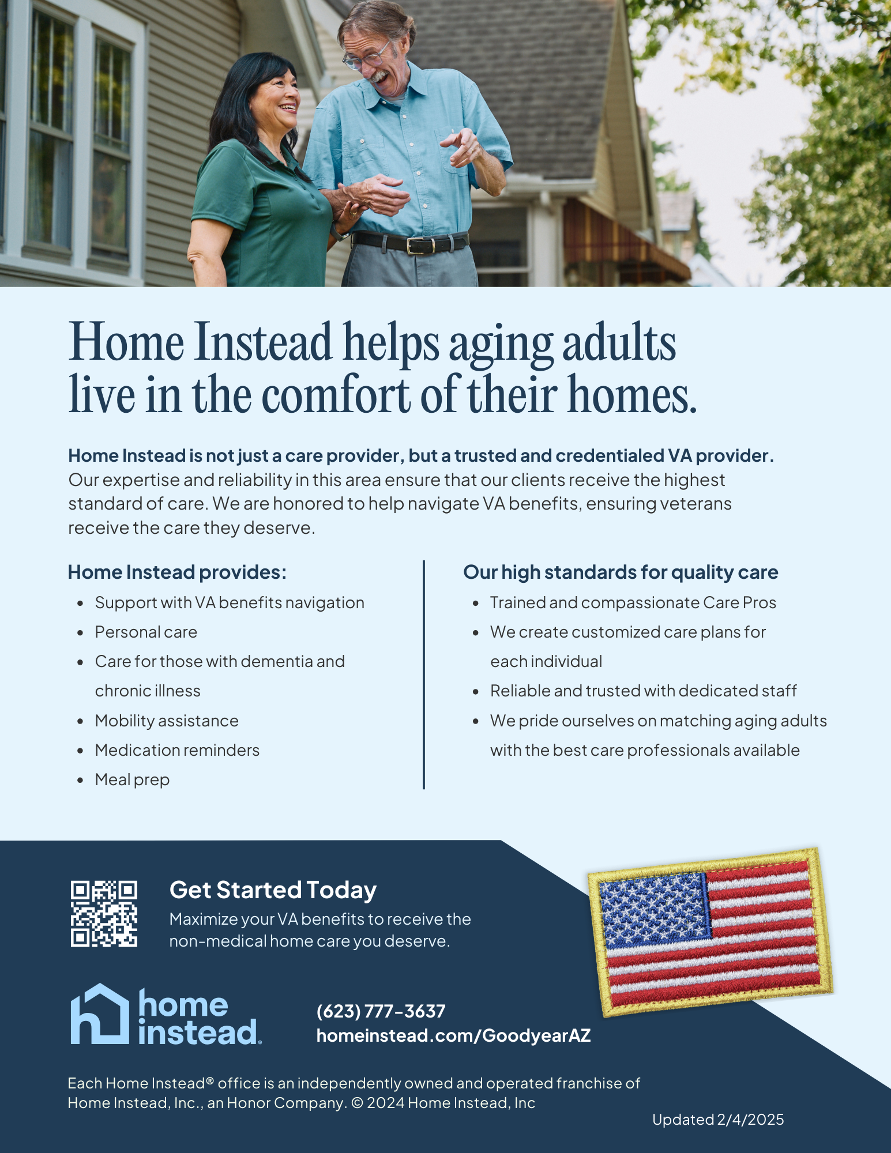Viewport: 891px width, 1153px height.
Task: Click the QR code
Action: click(104, 914)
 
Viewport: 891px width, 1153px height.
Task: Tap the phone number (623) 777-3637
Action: click(381, 1011)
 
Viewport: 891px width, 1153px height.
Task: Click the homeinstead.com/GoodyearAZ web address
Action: click(453, 1035)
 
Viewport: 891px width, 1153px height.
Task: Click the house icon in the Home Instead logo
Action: click(100, 1014)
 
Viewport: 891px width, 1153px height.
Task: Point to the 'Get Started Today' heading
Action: click(273, 890)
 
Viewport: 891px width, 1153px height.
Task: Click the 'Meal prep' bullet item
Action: click(132, 779)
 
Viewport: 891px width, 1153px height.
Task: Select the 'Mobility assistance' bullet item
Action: click(167, 721)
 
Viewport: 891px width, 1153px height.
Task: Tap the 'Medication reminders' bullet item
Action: click(177, 750)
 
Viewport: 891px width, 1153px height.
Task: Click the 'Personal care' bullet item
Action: click(146, 632)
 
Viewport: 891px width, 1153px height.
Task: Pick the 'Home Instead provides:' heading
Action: click(177, 572)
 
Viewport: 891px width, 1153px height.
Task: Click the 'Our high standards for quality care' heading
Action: click(621, 572)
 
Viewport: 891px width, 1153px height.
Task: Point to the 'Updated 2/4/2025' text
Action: click(718, 1120)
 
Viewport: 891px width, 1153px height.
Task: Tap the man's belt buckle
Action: click(416, 245)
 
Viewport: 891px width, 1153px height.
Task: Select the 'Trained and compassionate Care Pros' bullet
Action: click(633, 602)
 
